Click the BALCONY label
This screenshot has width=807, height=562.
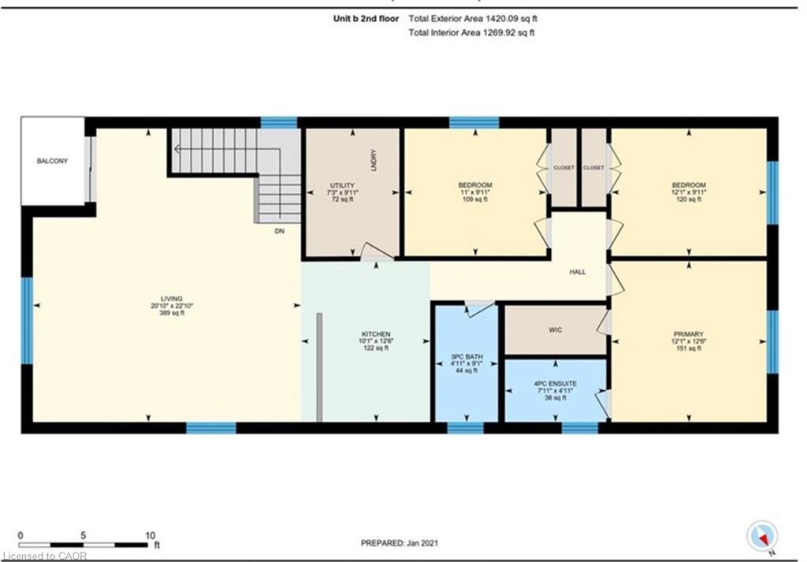[x=52, y=162]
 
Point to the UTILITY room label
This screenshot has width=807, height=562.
[x=342, y=186]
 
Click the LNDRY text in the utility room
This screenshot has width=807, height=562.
[x=374, y=161]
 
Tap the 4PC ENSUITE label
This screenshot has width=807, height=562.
[x=556, y=384]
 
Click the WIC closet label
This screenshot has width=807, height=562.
[x=555, y=331]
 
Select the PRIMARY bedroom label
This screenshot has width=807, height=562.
[x=688, y=334]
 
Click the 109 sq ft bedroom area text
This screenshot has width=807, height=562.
[x=475, y=199]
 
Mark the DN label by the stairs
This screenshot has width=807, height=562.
[x=278, y=232]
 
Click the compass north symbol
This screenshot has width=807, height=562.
[x=762, y=537]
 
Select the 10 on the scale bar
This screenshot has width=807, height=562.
[x=150, y=534]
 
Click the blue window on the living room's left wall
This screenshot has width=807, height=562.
[x=27, y=320]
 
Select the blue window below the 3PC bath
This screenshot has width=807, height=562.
[x=464, y=428]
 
